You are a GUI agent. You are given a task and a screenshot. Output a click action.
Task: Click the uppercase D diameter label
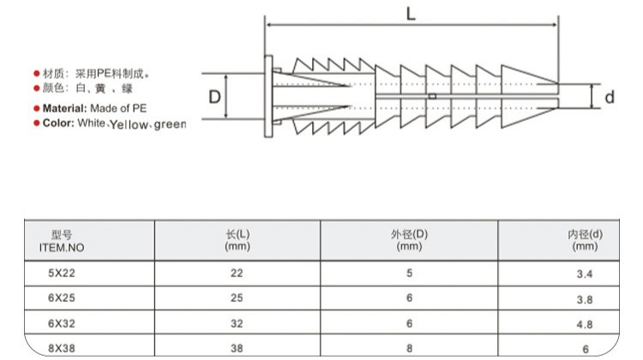click(x=214, y=96)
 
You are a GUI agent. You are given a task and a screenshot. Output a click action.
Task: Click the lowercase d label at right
click(x=610, y=97)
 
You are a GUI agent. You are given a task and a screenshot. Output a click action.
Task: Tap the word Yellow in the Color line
click(x=129, y=125)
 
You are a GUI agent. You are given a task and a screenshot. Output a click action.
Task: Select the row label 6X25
click(x=61, y=298)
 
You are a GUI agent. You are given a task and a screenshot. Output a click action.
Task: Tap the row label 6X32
click(x=61, y=324)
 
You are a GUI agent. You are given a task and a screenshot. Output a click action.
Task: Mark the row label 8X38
click(x=61, y=349)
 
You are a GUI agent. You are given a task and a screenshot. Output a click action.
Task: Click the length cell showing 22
click(x=237, y=273)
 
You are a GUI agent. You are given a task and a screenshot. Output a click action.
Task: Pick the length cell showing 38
click(x=237, y=349)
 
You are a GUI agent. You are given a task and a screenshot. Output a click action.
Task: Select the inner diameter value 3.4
click(x=585, y=274)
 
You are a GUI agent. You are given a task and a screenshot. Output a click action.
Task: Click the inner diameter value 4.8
click(x=585, y=325)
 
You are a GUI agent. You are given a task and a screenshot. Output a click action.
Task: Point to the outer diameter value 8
click(x=410, y=349)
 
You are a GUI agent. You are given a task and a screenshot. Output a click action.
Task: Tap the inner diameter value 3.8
click(x=585, y=299)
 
